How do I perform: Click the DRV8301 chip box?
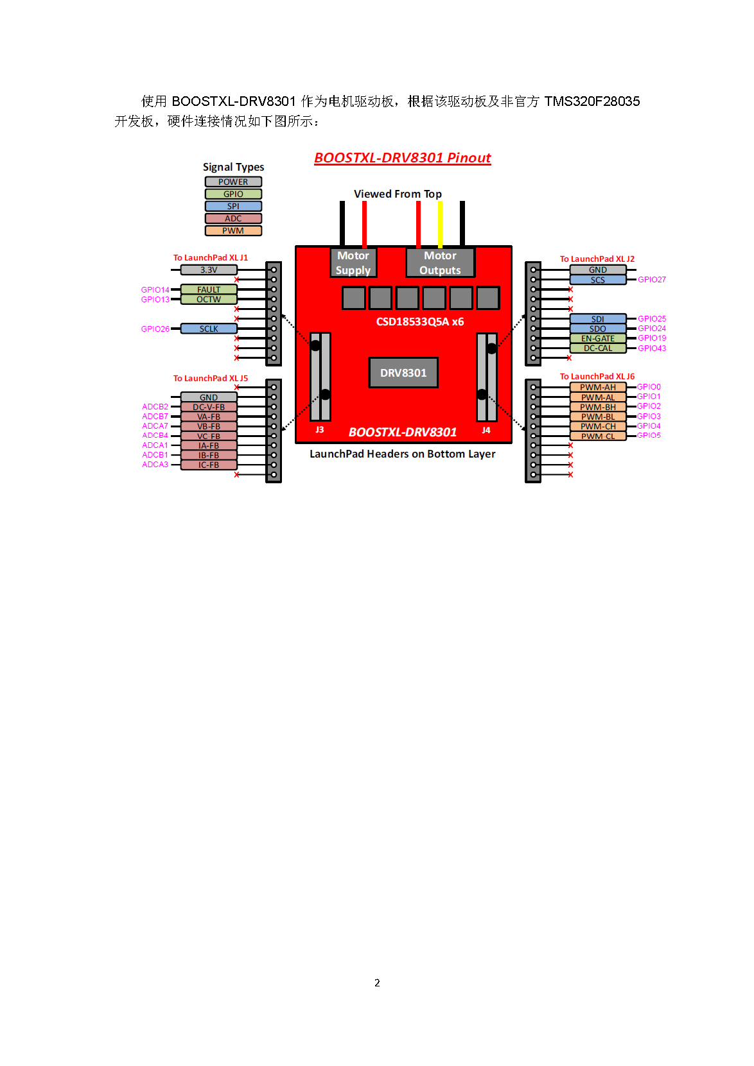[x=403, y=373]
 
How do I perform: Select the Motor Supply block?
[x=353, y=262]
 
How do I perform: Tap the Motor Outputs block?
[x=440, y=262]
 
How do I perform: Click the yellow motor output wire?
[x=440, y=224]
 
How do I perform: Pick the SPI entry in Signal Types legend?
[x=233, y=206]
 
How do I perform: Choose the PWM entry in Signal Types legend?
[x=233, y=230]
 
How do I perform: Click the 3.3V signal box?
[x=209, y=270]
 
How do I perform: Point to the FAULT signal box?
[x=209, y=289]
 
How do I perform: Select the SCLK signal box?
[x=209, y=329]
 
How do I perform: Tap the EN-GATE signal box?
[x=597, y=338]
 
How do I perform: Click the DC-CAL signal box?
[x=597, y=348]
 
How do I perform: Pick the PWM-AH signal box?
[x=597, y=387]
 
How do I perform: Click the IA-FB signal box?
[x=209, y=445]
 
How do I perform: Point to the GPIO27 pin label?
[x=651, y=280]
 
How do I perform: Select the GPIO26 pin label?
[x=155, y=329]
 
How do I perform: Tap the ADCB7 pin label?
[x=155, y=417]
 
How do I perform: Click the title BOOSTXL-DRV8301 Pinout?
[x=402, y=158]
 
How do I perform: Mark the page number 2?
[x=377, y=983]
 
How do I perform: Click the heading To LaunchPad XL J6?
[x=597, y=377]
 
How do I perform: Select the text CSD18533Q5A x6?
[x=419, y=322]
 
